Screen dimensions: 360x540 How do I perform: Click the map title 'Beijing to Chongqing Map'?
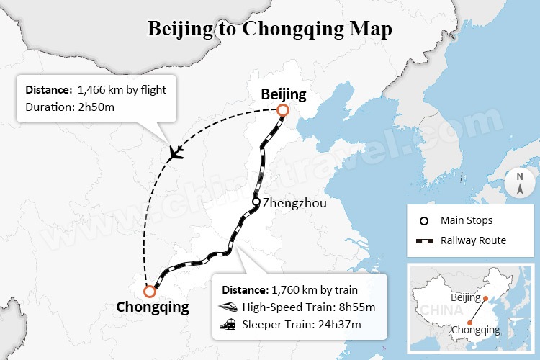tap(270, 29)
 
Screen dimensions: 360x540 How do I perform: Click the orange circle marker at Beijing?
tap(282, 110)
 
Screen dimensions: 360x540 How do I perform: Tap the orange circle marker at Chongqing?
tap(150, 292)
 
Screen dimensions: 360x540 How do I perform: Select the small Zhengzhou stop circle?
tap(256, 202)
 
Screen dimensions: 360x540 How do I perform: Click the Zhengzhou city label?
tap(294, 203)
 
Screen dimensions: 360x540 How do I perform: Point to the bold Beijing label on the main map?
tap(283, 94)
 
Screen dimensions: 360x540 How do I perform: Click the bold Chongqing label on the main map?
tap(153, 308)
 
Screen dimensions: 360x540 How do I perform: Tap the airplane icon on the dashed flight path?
tap(175, 153)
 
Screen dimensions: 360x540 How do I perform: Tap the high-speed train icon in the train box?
tap(228, 307)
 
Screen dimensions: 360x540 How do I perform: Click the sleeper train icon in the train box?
tap(228, 325)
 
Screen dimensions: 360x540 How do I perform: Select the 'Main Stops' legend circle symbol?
tap(424, 220)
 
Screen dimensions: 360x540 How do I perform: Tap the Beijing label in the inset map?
tap(466, 297)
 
